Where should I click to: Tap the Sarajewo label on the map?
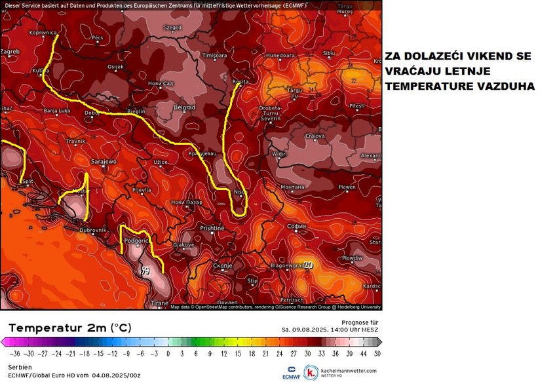click(x=103, y=161)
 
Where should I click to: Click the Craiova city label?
click(x=315, y=136)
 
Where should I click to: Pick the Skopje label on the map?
click(x=223, y=265)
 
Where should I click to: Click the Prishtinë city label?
click(x=212, y=227)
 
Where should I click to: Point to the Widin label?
click(x=279, y=154)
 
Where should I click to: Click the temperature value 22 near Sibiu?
click(x=354, y=80)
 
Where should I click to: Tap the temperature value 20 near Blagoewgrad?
click(x=308, y=265)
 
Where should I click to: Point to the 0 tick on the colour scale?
click(x=168, y=353)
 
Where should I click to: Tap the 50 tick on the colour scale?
click(x=377, y=353)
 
